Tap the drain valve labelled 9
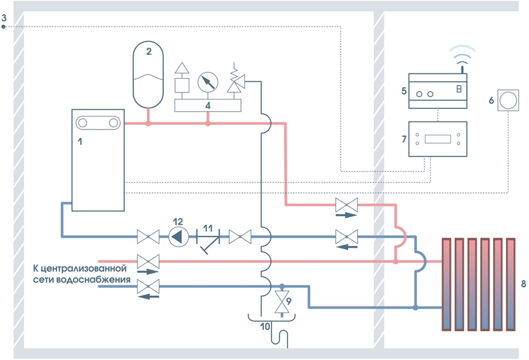point(283,304)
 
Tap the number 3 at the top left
point(4,18)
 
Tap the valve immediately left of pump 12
point(145,237)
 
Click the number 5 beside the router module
point(404,91)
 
